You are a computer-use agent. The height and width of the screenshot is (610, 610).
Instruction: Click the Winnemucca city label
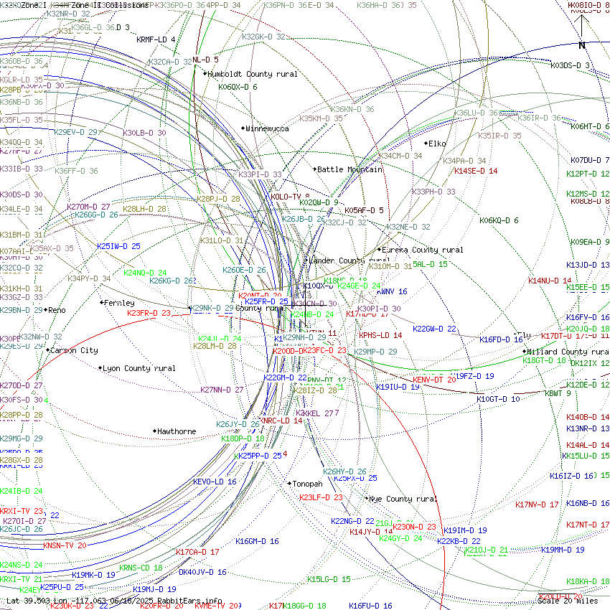pos(267,128)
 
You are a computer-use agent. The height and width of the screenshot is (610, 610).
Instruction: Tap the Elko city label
pos(437,144)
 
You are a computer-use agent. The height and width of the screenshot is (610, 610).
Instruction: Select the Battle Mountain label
pos(349,169)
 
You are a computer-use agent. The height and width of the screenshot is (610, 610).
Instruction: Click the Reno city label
pos(57,310)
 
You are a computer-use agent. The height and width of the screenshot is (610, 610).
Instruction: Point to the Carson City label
pos(74,350)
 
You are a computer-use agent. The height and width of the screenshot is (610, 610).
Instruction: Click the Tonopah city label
pos(307,484)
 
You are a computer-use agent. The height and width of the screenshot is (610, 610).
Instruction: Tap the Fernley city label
pos(119,303)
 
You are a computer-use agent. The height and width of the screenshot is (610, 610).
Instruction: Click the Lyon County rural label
pos(139,368)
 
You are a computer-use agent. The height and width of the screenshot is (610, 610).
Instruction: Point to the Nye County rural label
pos(403,499)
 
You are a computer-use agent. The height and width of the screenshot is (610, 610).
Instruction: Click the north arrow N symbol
pos(582,45)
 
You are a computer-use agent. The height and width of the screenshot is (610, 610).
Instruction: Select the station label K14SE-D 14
pos(476,171)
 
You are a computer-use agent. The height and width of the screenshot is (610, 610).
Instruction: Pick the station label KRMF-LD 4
pos(156,39)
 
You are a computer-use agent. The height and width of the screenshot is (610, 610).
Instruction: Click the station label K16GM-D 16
pos(257,541)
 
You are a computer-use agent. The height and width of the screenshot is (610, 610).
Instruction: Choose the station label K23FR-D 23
pos(149,313)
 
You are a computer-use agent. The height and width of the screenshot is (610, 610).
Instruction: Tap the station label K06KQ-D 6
pos(499,220)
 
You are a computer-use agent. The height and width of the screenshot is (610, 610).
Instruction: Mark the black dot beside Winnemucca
pos(243,128)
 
